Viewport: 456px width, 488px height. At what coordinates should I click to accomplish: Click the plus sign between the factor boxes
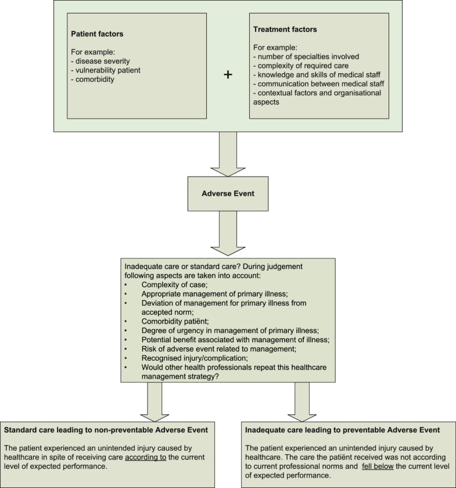[228, 75]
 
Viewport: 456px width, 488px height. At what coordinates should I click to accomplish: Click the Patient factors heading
[98, 34]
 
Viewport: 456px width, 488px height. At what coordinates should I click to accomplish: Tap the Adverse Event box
[228, 194]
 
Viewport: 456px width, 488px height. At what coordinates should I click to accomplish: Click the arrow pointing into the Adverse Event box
[228, 153]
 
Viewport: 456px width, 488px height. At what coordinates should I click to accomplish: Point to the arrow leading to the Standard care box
[155, 401]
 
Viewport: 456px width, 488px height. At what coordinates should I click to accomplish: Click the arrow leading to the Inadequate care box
[303, 401]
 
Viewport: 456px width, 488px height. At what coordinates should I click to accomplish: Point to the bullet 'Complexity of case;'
[174, 284]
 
